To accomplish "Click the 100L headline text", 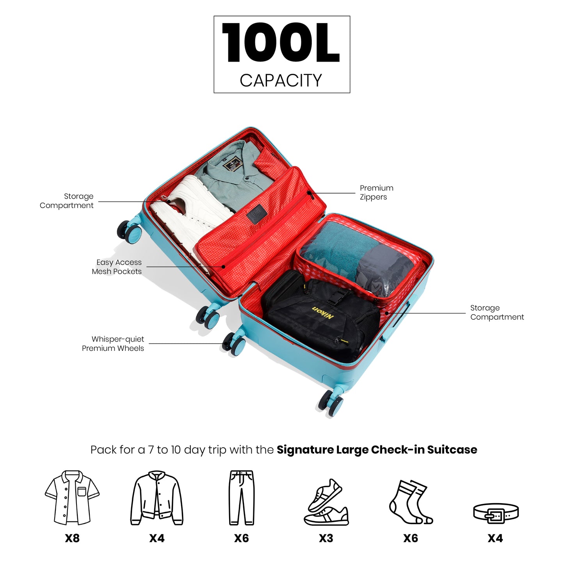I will [281, 43].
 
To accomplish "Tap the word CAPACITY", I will [281, 80].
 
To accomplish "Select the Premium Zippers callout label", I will [376, 192].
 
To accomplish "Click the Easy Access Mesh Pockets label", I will [117, 267].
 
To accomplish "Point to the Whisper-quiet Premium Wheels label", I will [113, 343].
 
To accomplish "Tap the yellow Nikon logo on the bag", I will [323, 313].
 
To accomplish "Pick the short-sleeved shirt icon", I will [72, 498].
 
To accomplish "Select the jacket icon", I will [157, 498].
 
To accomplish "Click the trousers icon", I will [241, 498].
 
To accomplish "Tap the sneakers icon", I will [326, 502].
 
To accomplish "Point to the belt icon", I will [496, 513].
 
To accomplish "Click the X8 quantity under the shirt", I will [72, 538].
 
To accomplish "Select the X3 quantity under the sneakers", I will [326, 538].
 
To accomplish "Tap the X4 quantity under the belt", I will [495, 538].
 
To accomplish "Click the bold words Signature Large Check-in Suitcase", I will [377, 450].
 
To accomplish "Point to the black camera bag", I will [320, 316].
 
